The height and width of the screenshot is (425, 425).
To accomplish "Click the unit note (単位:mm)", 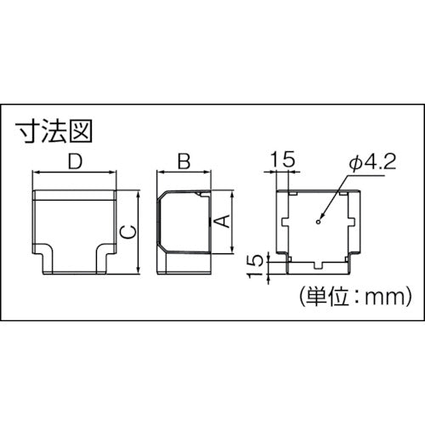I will point(354,297).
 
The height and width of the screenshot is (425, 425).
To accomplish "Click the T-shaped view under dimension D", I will point(74,229).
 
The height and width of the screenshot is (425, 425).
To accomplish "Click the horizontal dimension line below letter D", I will point(74,173).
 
